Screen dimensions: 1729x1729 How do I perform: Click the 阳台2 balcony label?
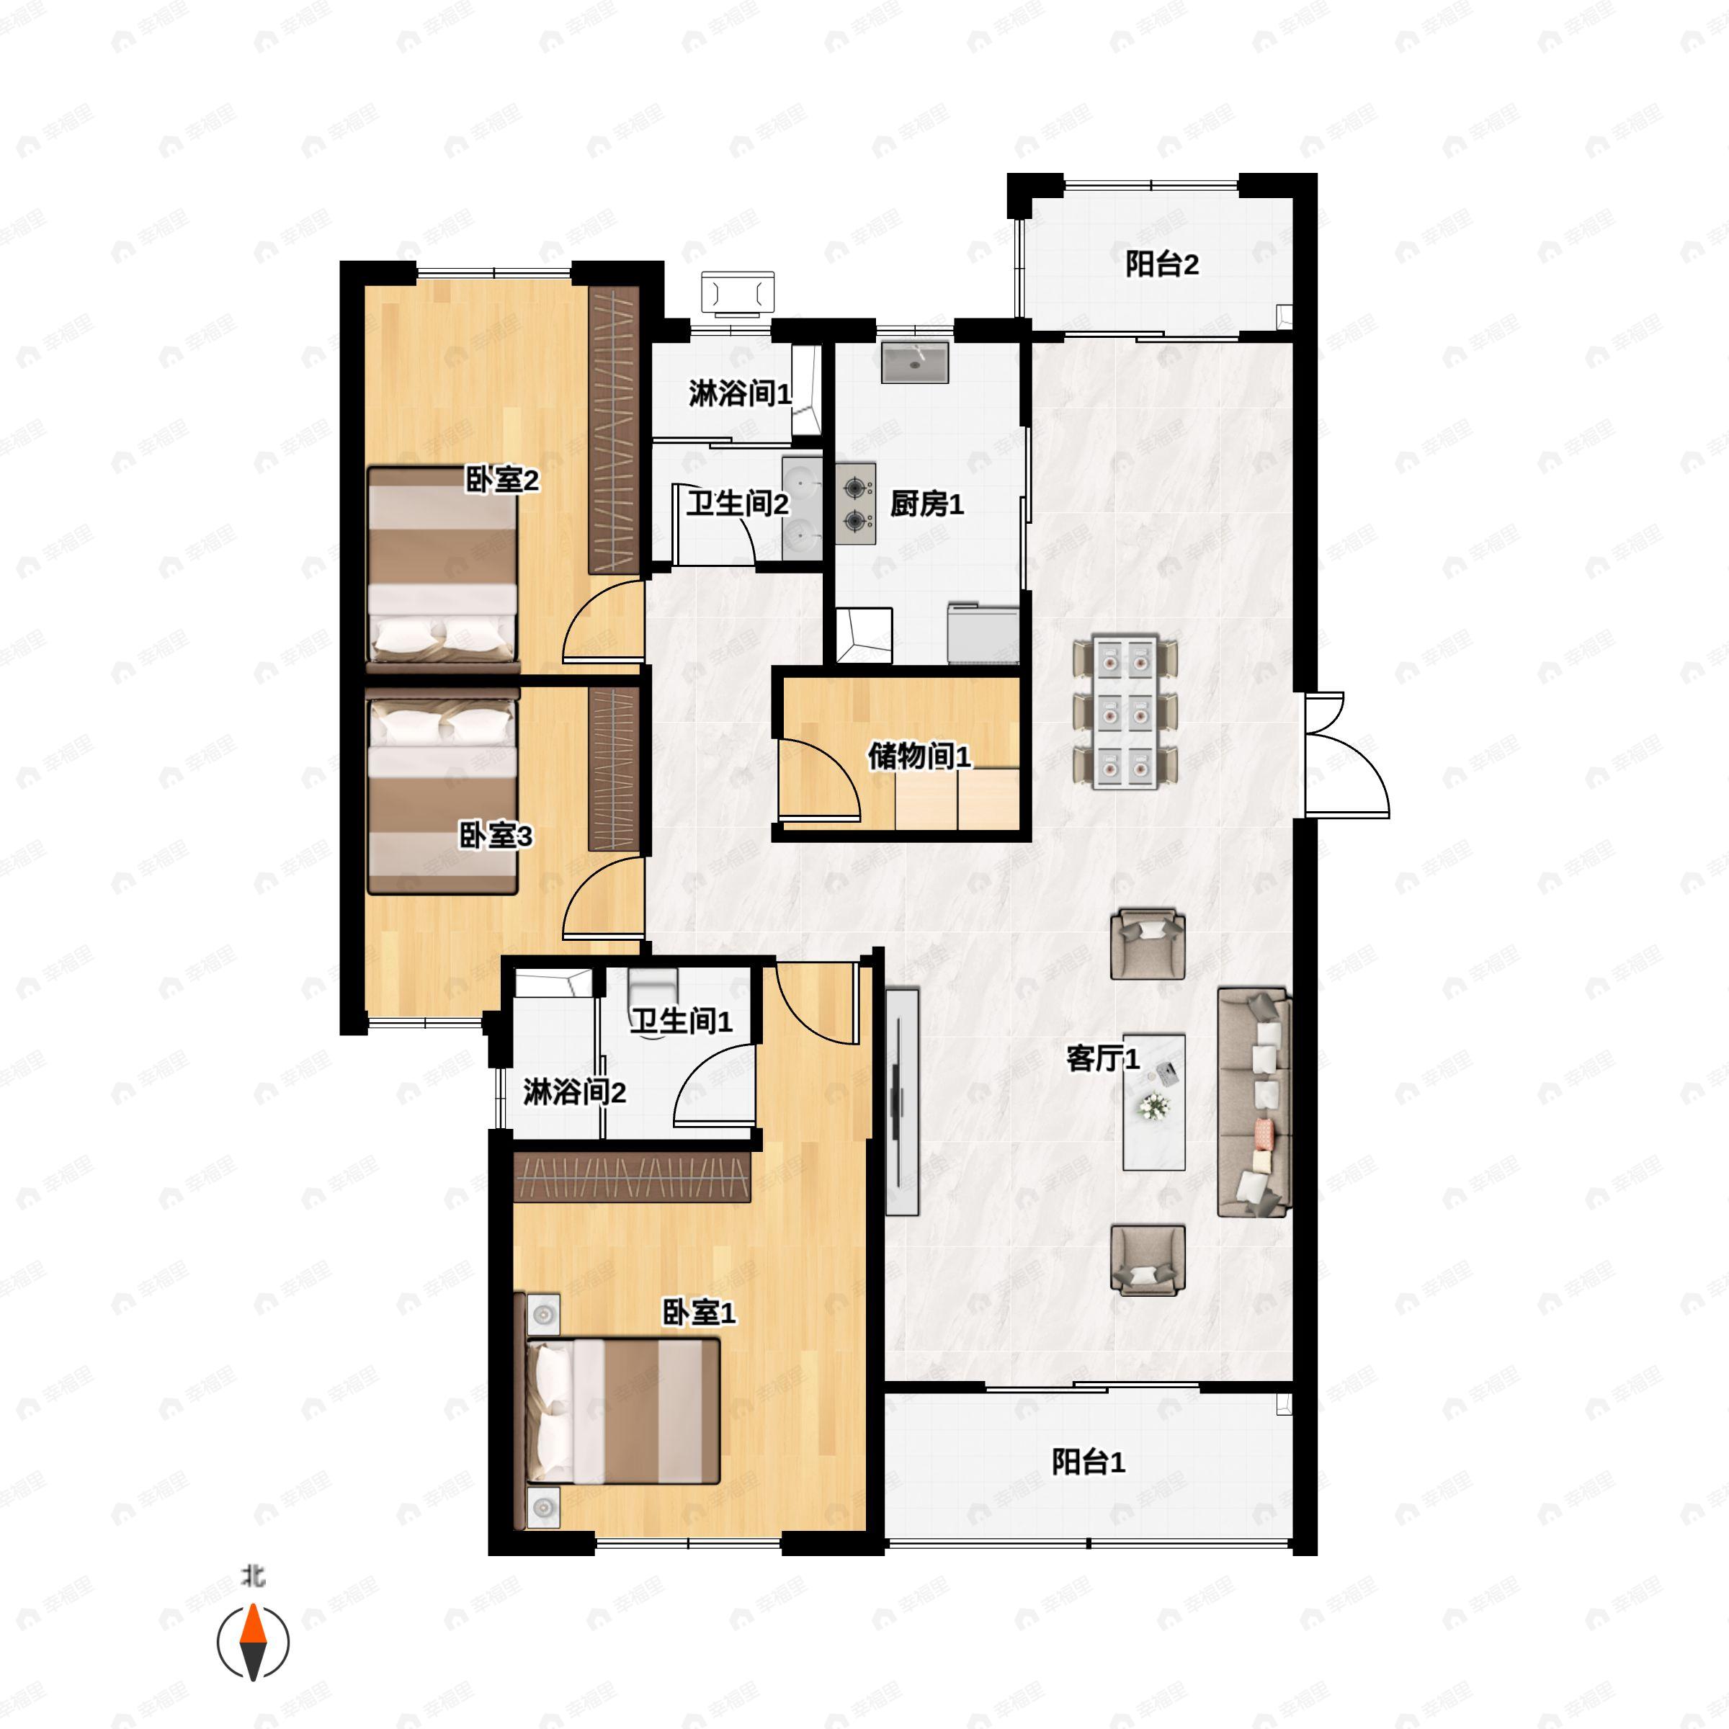pyautogui.click(x=1161, y=265)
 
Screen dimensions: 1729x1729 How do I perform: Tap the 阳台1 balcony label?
pyautogui.click(x=1089, y=1462)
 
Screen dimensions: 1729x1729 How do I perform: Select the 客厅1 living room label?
pyautogui.click(x=1102, y=1059)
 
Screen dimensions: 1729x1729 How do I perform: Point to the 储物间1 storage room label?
pyautogui.click(x=919, y=756)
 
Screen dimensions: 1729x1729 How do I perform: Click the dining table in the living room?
pyautogui.click(x=1125, y=712)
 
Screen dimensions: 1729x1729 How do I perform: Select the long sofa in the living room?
pyautogui.click(x=1255, y=1102)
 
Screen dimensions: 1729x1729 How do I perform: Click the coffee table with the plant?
pyautogui.click(x=1154, y=1102)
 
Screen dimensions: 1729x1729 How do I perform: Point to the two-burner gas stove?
pyautogui.click(x=857, y=503)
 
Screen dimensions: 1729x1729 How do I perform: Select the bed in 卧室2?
pyautogui.click(x=443, y=568)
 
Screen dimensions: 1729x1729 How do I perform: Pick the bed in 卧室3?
pyautogui.click(x=443, y=791)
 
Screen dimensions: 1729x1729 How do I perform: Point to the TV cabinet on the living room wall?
pyautogui.click(x=902, y=1102)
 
